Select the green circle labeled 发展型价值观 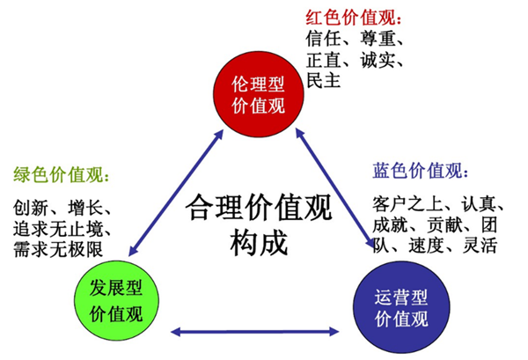(x=115, y=300)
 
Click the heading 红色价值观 (x=349, y=17)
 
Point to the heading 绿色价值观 (x=59, y=176)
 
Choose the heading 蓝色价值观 (x=422, y=169)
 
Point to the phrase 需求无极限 (x=58, y=249)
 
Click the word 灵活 (x=480, y=244)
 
